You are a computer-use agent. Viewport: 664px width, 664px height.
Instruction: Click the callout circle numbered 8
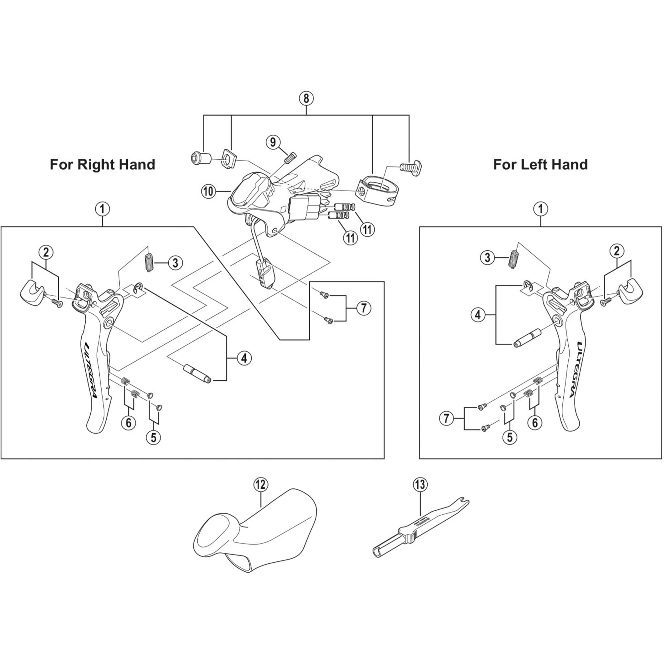pyautogui.click(x=306, y=98)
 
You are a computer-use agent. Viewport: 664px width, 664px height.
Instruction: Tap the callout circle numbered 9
pyautogui.click(x=273, y=142)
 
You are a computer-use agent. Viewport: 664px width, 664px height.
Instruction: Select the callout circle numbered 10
pyautogui.click(x=208, y=192)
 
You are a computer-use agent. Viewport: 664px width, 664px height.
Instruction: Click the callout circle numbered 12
pyautogui.click(x=261, y=485)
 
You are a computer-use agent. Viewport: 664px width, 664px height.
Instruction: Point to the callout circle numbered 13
pyautogui.click(x=420, y=485)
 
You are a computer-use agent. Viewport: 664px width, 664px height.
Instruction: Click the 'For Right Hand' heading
pyautogui.click(x=102, y=165)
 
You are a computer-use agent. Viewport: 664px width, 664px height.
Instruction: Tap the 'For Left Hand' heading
pyautogui.click(x=540, y=165)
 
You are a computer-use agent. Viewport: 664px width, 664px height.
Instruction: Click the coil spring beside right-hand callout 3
pyautogui.click(x=149, y=263)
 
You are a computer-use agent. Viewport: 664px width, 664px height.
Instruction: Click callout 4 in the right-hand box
pyautogui.click(x=244, y=359)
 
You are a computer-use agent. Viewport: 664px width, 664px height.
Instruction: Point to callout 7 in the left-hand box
pyautogui.click(x=446, y=419)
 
